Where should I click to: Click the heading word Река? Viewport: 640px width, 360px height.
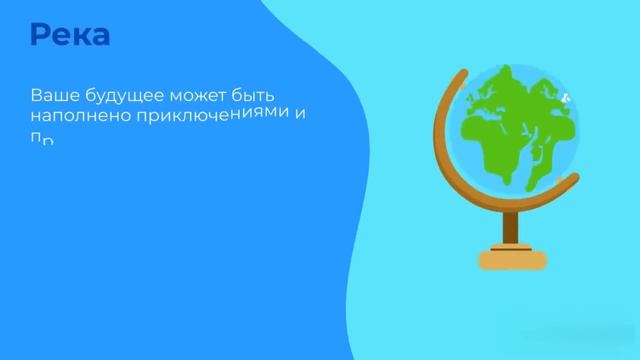pyautogui.click(x=70, y=35)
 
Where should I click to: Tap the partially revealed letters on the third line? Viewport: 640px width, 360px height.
pyautogui.click(x=41, y=139)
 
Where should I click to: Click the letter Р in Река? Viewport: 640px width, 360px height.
pyautogui.click(x=40, y=35)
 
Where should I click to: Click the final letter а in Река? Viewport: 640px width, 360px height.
pyautogui.click(x=99, y=37)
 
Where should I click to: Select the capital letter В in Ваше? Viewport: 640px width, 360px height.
pyautogui.click(x=36, y=96)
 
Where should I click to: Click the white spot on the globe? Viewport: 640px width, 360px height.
pyautogui.click(x=565, y=98)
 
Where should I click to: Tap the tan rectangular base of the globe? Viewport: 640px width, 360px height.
pyautogui.click(x=513, y=260)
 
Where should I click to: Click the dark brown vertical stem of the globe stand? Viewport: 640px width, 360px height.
pyautogui.click(x=513, y=225)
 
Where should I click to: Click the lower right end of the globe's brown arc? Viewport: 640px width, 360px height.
pyautogui.click(x=573, y=180)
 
